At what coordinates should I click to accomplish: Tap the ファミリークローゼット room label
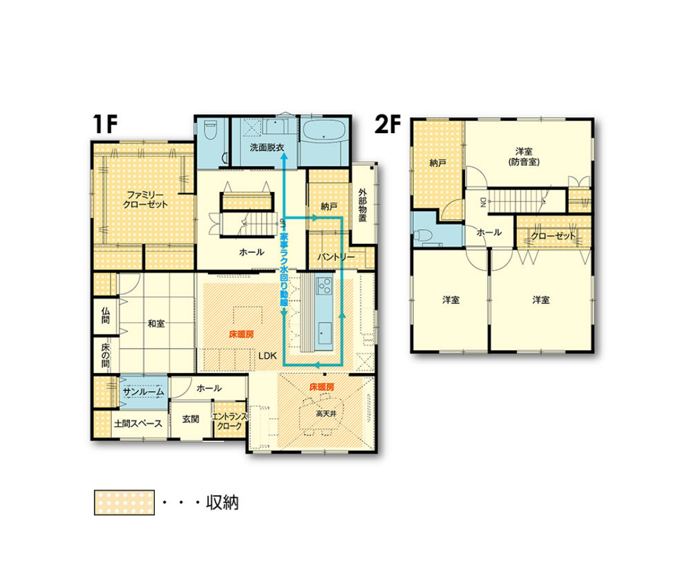[x=145, y=200]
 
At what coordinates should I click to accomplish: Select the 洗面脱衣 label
[x=267, y=148]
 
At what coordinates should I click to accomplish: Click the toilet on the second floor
[x=424, y=234]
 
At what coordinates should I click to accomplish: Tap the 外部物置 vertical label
[x=363, y=205]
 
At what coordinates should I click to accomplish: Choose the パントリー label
[x=336, y=257]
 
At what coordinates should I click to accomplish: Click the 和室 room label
[x=156, y=323]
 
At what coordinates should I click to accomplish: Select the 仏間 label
[x=106, y=316]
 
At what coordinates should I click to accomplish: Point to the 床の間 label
[x=106, y=355]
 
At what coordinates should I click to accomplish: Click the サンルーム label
[x=143, y=392]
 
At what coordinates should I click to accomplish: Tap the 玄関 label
[x=191, y=419]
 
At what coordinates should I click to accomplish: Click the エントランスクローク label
[x=230, y=421]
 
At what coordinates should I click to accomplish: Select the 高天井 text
[x=326, y=414]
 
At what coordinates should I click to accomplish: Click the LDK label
[x=267, y=355]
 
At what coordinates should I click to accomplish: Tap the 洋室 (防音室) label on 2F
[x=524, y=157]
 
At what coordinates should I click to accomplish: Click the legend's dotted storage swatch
[x=124, y=502]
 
